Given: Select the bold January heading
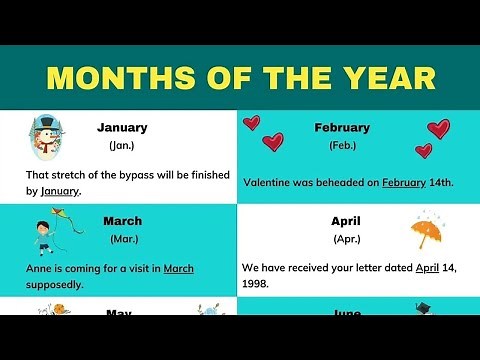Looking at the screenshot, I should tap(122, 128).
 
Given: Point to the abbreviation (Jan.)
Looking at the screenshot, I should tap(122, 146).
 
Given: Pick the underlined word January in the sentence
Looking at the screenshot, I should tap(61, 191).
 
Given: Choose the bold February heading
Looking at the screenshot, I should tap(343, 128).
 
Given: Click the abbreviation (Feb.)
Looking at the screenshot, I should tap(343, 146).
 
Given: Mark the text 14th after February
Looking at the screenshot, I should tap(441, 183).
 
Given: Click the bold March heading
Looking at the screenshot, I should tap(122, 221).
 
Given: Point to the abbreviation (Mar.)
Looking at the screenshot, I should tap(122, 239).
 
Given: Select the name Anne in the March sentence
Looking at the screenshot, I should tap(40, 268).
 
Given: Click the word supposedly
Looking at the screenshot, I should tap(54, 284).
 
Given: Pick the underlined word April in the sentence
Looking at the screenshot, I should tap(428, 268).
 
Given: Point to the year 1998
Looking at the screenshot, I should tap(257, 284).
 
